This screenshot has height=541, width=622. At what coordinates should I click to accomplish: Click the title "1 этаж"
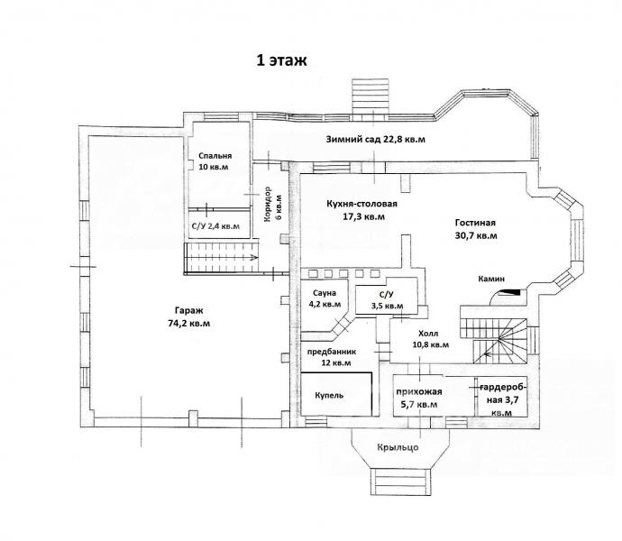pyautogui.click(x=281, y=60)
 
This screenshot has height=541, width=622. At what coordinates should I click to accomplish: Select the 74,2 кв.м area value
pyautogui.click(x=189, y=324)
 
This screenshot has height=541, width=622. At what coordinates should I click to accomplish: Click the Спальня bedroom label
pyautogui.click(x=215, y=156)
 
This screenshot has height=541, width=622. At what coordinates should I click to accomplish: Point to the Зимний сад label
pyautogui.click(x=353, y=140)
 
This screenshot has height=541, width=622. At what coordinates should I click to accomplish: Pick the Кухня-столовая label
pyautogui.click(x=361, y=204)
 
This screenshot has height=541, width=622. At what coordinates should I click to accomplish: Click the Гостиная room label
pyautogui.click(x=475, y=223)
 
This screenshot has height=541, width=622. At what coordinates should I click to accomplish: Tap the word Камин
pyautogui.click(x=491, y=279)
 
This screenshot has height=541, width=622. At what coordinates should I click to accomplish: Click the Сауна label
pyautogui.click(x=325, y=293)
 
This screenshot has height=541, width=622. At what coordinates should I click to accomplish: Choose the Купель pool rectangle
pyautogui.click(x=336, y=394)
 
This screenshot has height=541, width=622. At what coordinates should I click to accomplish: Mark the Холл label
pyautogui.click(x=428, y=334)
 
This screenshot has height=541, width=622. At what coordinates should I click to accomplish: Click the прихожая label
pyautogui.click(x=419, y=391)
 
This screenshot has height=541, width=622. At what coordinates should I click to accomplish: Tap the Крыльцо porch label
pyautogui.click(x=398, y=447)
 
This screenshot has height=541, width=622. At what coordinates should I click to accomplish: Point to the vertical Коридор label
pyautogui.click(x=268, y=204)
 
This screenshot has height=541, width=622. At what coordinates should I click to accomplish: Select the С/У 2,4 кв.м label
pyautogui.click(x=215, y=226)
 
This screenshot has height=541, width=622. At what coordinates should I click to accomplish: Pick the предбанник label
pyautogui.click(x=332, y=352)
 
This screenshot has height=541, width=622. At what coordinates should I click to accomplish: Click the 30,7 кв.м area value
pyautogui.click(x=476, y=235)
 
